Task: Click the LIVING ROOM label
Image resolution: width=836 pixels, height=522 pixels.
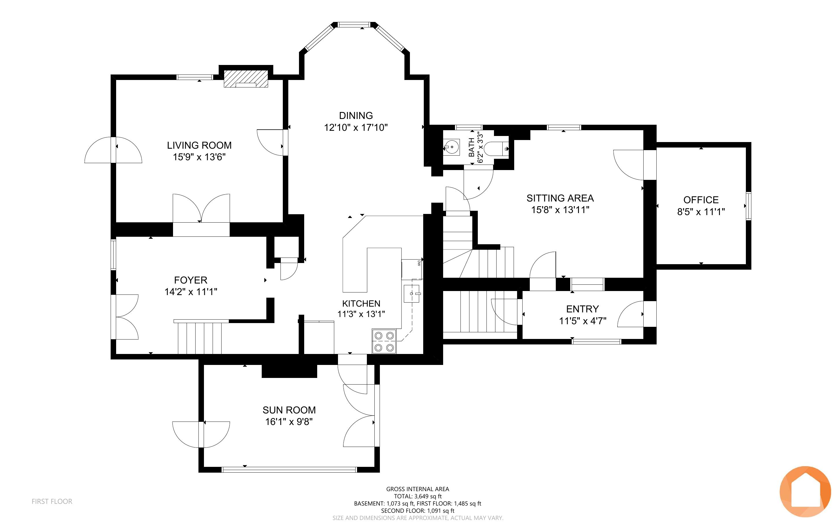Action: (x=199, y=145)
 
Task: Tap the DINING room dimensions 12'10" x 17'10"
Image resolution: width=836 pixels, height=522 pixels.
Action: (x=356, y=128)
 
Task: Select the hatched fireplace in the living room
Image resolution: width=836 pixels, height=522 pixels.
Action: (x=246, y=79)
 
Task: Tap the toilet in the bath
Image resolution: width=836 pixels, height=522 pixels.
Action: (x=496, y=149)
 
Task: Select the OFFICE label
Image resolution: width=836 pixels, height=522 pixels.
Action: (x=701, y=200)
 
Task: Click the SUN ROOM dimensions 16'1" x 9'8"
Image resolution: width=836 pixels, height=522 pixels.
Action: (x=289, y=422)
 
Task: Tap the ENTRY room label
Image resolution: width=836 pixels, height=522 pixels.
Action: (x=583, y=309)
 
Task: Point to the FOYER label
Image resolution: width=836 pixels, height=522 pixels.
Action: (x=191, y=280)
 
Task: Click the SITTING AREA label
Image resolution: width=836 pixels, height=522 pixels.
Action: (x=560, y=198)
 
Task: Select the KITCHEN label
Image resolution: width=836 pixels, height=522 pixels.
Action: (x=361, y=303)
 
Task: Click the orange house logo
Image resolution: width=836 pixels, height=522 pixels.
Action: (x=805, y=491)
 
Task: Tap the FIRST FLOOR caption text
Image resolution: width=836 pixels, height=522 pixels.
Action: (x=52, y=501)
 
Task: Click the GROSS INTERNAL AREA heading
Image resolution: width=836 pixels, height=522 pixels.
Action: (x=417, y=489)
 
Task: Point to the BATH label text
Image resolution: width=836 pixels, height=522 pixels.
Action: (x=471, y=148)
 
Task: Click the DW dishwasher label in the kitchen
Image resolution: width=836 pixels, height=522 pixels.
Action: (x=419, y=263)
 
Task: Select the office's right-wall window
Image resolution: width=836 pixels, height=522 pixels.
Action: (x=748, y=206)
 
